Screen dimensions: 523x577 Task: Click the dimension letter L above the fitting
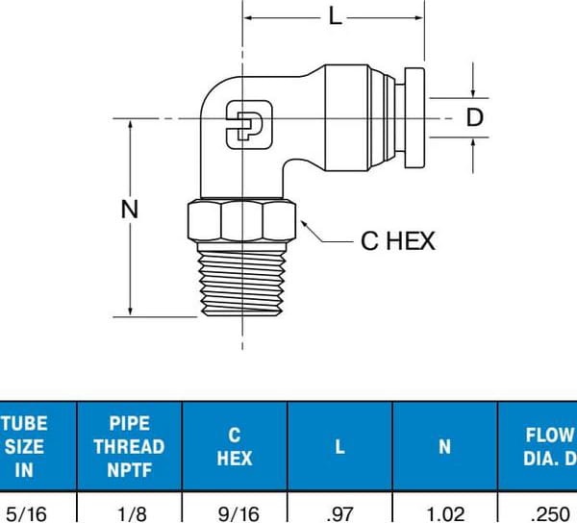point(335,16)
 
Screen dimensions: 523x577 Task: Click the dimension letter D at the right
point(474,117)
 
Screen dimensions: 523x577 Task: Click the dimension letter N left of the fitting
point(129,209)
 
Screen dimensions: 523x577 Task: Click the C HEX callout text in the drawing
point(397,240)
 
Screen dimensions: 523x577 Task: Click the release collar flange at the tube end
point(414,117)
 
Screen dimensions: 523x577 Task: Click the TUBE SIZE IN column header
point(23,446)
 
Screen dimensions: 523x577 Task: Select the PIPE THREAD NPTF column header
point(129,446)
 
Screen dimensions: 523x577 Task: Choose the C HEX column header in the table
point(234,446)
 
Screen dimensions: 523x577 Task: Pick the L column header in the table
point(339,446)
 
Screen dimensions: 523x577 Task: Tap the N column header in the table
point(444,446)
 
